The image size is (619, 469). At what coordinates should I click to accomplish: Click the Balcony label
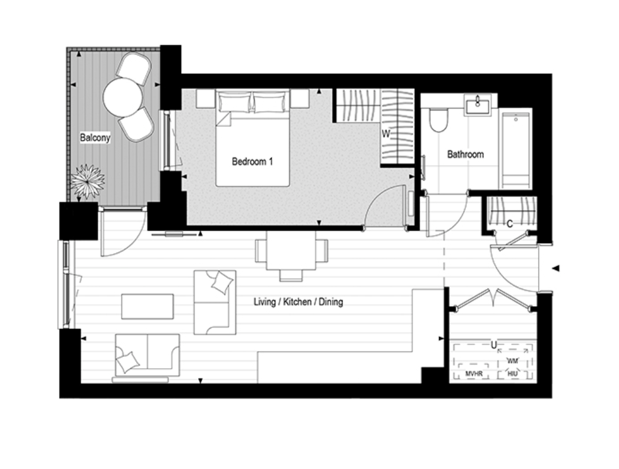[95, 138]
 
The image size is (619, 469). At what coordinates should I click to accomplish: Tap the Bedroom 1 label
[252, 162]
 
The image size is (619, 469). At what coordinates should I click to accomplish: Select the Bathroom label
[466, 154]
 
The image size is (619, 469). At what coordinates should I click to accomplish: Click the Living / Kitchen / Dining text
[298, 302]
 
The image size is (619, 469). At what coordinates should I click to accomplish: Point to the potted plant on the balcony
[88, 181]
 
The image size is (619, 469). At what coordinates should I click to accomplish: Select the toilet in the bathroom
[438, 120]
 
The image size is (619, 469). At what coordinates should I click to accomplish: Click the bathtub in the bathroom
[515, 150]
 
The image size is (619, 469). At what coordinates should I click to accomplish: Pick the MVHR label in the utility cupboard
[474, 373]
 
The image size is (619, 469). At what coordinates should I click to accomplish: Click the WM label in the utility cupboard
[512, 360]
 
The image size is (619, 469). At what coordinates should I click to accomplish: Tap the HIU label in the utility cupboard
[512, 373]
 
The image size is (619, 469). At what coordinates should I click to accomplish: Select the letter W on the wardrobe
[386, 135]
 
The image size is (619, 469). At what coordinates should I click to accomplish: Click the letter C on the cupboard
[510, 224]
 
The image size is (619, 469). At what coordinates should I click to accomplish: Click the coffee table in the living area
[147, 307]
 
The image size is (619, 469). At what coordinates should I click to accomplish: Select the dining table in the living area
[291, 251]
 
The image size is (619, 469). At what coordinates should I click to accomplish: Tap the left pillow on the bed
[235, 101]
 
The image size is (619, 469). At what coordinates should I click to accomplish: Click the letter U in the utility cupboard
[493, 345]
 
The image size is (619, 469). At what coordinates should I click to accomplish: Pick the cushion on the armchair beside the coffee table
[222, 283]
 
